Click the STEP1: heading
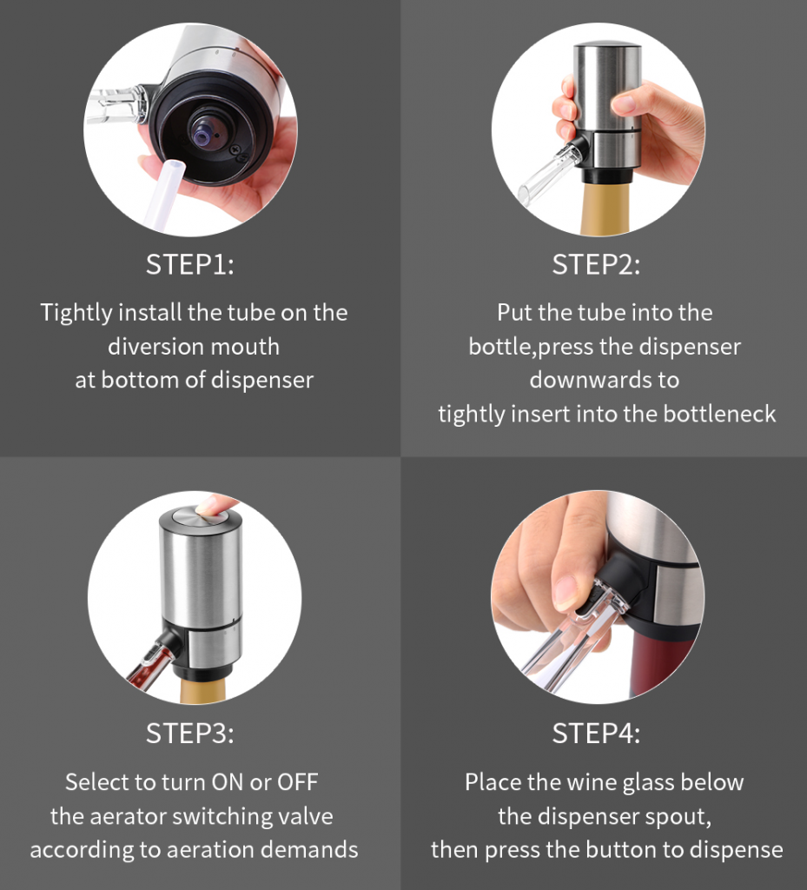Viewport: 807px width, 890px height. tap(189, 264)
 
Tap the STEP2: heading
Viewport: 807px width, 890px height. tap(596, 264)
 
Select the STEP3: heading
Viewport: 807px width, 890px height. tap(189, 734)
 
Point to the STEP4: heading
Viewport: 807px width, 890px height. tap(596, 734)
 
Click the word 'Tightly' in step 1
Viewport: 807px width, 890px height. tap(76, 313)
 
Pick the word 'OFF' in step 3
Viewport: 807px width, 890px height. tap(297, 782)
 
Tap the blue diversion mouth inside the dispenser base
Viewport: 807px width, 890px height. tap(203, 135)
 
